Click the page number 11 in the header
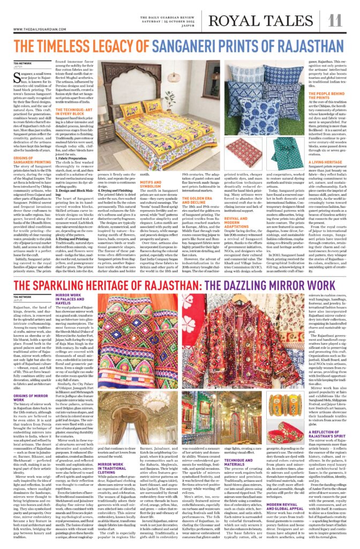click(x=335, y=20)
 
